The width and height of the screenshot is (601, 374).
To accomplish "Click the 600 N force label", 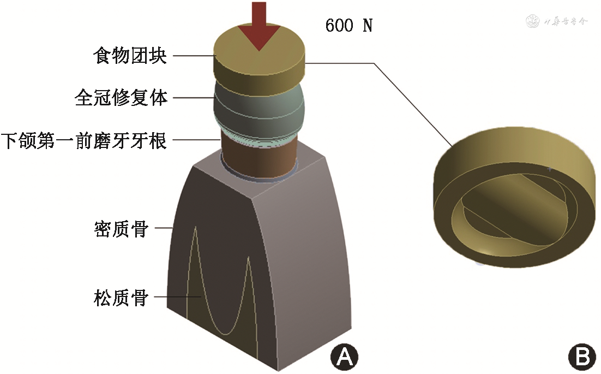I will tap(348, 26).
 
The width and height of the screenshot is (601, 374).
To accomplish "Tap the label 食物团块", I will tap(130, 56).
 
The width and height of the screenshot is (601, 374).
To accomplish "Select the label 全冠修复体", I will tap(121, 98).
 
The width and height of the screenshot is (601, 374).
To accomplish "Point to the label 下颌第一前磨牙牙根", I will tap(83, 141).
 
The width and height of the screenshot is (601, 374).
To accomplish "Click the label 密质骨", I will tap(121, 229).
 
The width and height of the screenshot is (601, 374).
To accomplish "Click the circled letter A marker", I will tap(344, 357).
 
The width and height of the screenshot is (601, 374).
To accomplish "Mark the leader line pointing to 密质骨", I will tap(164, 229).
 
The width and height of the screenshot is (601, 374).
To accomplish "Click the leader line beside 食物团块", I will tap(191, 56).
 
